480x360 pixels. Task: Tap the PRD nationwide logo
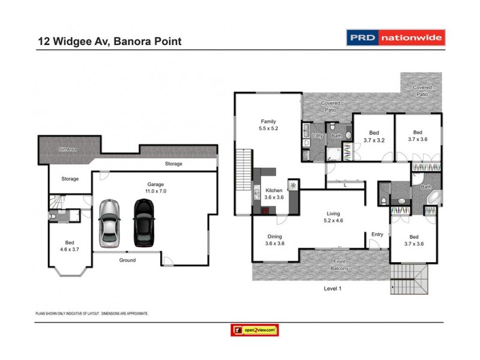[396, 38]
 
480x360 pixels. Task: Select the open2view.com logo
[254, 330]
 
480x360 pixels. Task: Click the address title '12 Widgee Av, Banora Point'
[109, 41]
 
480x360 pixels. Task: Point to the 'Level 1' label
[332, 289]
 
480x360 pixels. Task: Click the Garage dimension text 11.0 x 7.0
[156, 191]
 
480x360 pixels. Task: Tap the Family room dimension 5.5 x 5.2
[268, 128]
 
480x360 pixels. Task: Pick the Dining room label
[274, 236]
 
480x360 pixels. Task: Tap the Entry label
[377, 234]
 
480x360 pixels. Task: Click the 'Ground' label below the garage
[127, 260]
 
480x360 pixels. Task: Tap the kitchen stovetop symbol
[293, 185]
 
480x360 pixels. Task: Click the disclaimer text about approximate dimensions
[92, 313]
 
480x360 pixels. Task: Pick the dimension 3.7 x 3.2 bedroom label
[373, 140]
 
